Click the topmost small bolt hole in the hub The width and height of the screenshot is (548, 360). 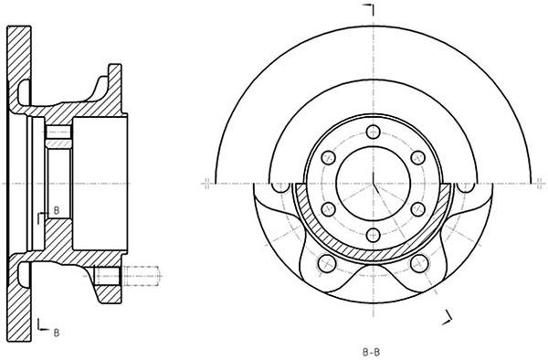click(374, 132)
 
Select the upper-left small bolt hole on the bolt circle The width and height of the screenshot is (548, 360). click(328, 158)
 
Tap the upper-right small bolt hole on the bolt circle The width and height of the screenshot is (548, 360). click(418, 158)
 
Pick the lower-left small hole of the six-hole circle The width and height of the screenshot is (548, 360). click(328, 209)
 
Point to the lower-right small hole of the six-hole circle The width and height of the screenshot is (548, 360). click(418, 209)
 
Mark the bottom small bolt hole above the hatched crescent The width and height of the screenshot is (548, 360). click(374, 235)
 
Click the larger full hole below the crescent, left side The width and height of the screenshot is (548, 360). click(327, 263)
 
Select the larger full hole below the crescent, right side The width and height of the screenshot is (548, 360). click(419, 263)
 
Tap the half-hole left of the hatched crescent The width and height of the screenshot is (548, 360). click(280, 187)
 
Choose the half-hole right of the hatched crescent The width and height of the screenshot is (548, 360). click(466, 187)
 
